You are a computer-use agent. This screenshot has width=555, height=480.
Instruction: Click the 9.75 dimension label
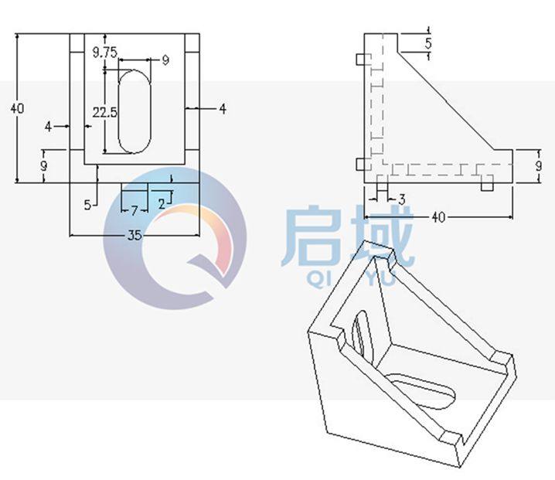coord(104,52)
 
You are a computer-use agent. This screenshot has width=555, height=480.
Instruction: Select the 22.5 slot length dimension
coord(104,112)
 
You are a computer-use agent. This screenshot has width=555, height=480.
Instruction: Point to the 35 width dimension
coord(134,237)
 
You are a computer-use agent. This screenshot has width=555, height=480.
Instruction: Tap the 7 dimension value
coord(134,210)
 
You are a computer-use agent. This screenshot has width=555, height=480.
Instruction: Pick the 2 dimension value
coord(161,204)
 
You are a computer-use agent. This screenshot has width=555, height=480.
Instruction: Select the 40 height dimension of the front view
coord(17,108)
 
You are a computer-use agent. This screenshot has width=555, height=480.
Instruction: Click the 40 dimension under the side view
coord(438,217)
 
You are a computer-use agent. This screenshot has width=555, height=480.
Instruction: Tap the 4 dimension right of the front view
coord(223,110)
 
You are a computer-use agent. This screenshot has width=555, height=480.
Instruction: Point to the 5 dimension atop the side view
coord(428,43)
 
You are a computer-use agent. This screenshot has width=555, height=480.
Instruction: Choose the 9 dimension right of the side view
coord(538,166)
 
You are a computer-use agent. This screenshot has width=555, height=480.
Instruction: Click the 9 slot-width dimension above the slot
coord(165,60)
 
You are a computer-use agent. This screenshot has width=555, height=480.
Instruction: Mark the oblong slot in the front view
coord(134,111)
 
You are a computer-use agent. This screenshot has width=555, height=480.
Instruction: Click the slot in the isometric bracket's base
coord(421,388)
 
